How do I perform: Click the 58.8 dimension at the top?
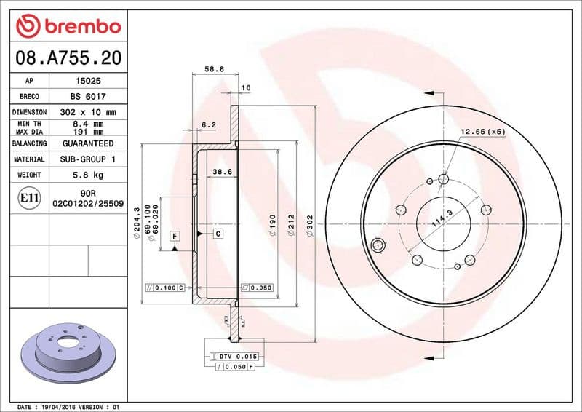coord(214,69)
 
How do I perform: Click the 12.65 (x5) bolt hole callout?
coord(482,132)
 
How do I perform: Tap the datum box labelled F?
coord(175,236)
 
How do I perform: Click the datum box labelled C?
coord(218,234)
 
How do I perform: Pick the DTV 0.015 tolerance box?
coord(237,355)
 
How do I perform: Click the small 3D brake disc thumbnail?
coord(69,354)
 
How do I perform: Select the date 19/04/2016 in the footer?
coord(61,406)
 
